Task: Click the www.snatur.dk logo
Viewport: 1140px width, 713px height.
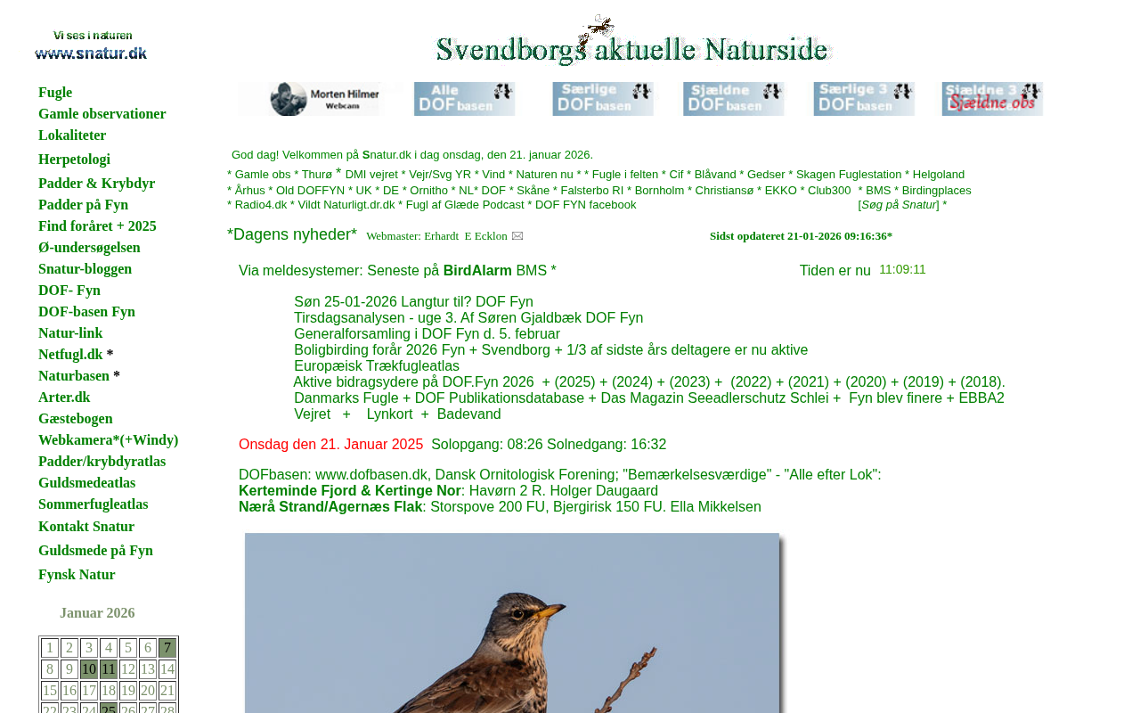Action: click(x=91, y=46)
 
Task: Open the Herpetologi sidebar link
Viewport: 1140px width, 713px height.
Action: click(x=74, y=160)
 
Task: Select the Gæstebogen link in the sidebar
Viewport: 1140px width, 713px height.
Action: click(x=76, y=419)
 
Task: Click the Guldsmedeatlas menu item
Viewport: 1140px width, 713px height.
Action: click(x=86, y=483)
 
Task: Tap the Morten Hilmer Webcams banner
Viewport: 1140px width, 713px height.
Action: click(x=311, y=99)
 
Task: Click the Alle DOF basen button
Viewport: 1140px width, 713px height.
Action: click(x=464, y=99)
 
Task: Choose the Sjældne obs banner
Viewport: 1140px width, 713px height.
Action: click(x=992, y=99)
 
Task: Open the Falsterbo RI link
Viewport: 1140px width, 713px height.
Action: click(x=592, y=191)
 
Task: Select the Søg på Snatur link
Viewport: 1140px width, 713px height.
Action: click(x=899, y=205)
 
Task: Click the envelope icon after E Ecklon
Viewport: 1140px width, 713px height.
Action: click(x=517, y=236)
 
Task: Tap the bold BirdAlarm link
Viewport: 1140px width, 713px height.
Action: click(x=477, y=271)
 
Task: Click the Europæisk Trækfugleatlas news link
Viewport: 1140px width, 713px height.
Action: click(x=377, y=366)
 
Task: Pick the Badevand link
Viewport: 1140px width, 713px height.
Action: click(x=468, y=414)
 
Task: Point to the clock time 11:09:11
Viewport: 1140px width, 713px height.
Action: click(x=902, y=270)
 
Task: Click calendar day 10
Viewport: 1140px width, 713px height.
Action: click(x=89, y=669)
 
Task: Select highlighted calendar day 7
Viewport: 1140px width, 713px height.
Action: click(x=167, y=648)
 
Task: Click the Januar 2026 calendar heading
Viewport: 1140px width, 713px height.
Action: click(x=97, y=613)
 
